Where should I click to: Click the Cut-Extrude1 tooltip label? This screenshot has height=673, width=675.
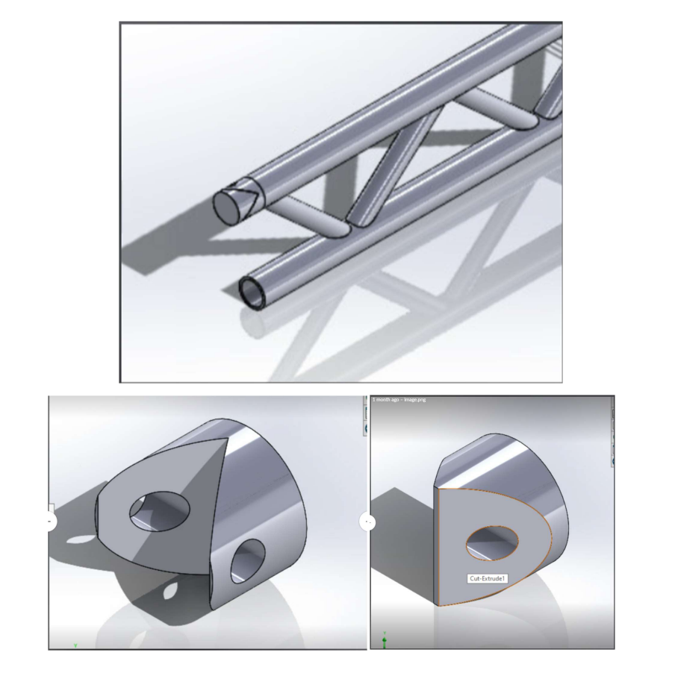pyautogui.click(x=488, y=578)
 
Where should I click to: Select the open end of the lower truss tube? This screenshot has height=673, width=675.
pyautogui.click(x=252, y=292)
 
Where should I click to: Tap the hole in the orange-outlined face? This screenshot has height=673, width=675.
pyautogui.click(x=492, y=542)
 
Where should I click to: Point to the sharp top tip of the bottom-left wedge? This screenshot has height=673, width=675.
pyautogui.click(x=225, y=439)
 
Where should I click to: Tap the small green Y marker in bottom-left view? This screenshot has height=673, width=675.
pyautogui.click(x=75, y=645)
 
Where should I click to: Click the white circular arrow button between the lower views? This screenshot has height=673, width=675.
pyautogui.click(x=367, y=522)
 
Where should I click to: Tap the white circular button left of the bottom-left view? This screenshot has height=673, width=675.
pyautogui.click(x=49, y=520)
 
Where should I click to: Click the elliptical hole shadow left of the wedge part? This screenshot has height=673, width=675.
pyautogui.click(x=74, y=539)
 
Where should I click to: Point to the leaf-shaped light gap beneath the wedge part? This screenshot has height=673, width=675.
pyautogui.click(x=171, y=593)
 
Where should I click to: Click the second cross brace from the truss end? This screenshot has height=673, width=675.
pyautogui.click(x=494, y=108)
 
